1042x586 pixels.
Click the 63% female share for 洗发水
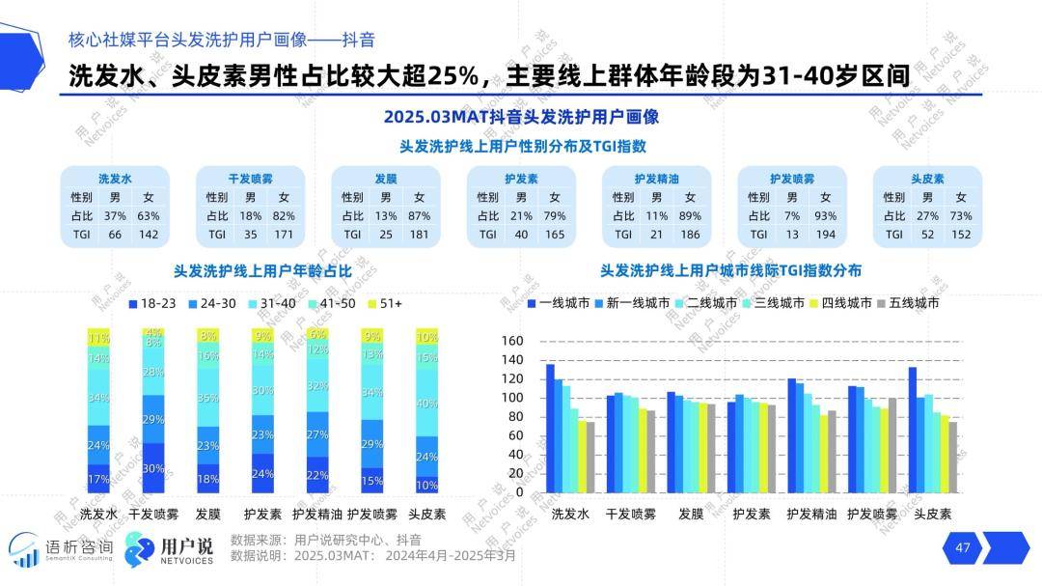tap(148, 215)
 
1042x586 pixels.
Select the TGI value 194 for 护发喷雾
tap(825, 234)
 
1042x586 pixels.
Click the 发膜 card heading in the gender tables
tap(385, 179)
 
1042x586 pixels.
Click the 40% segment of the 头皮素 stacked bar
tap(425, 405)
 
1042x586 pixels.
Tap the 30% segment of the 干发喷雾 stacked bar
tap(152, 468)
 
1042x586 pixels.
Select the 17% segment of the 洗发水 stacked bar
tap(98, 479)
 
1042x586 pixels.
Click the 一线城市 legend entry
tap(558, 303)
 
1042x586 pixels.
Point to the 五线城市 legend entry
tap(907, 303)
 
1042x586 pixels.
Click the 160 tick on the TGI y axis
tap(511, 341)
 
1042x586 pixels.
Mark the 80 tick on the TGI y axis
tap(515, 416)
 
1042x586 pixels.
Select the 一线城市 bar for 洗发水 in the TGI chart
tap(550, 428)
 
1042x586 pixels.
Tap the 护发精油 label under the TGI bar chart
tap(811, 515)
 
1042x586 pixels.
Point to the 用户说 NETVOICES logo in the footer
tap(172, 549)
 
